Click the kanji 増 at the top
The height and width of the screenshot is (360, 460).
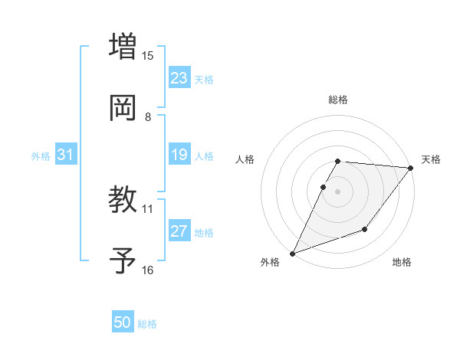[x=123, y=45]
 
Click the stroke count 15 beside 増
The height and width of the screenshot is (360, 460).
[x=148, y=55]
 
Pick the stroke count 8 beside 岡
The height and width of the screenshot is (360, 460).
[x=148, y=116]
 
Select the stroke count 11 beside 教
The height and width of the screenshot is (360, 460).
[x=148, y=208]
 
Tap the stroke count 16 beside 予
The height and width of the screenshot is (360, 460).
[x=148, y=270]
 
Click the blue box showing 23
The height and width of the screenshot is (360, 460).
[x=179, y=78]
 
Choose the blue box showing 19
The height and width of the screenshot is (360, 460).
[x=179, y=155]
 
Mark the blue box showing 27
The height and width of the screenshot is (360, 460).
[x=179, y=231]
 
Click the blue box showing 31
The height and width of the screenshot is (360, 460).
[x=66, y=155]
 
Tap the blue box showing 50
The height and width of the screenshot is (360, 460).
[x=123, y=323]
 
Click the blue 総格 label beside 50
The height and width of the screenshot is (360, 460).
[x=147, y=324]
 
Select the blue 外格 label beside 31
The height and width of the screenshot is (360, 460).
[x=41, y=155]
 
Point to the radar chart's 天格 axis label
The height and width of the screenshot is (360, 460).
[x=431, y=159]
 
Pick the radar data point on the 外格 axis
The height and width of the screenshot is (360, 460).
[x=292, y=254]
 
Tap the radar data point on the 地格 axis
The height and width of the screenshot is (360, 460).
[x=365, y=229]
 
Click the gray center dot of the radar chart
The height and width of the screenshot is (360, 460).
[x=337, y=191]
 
